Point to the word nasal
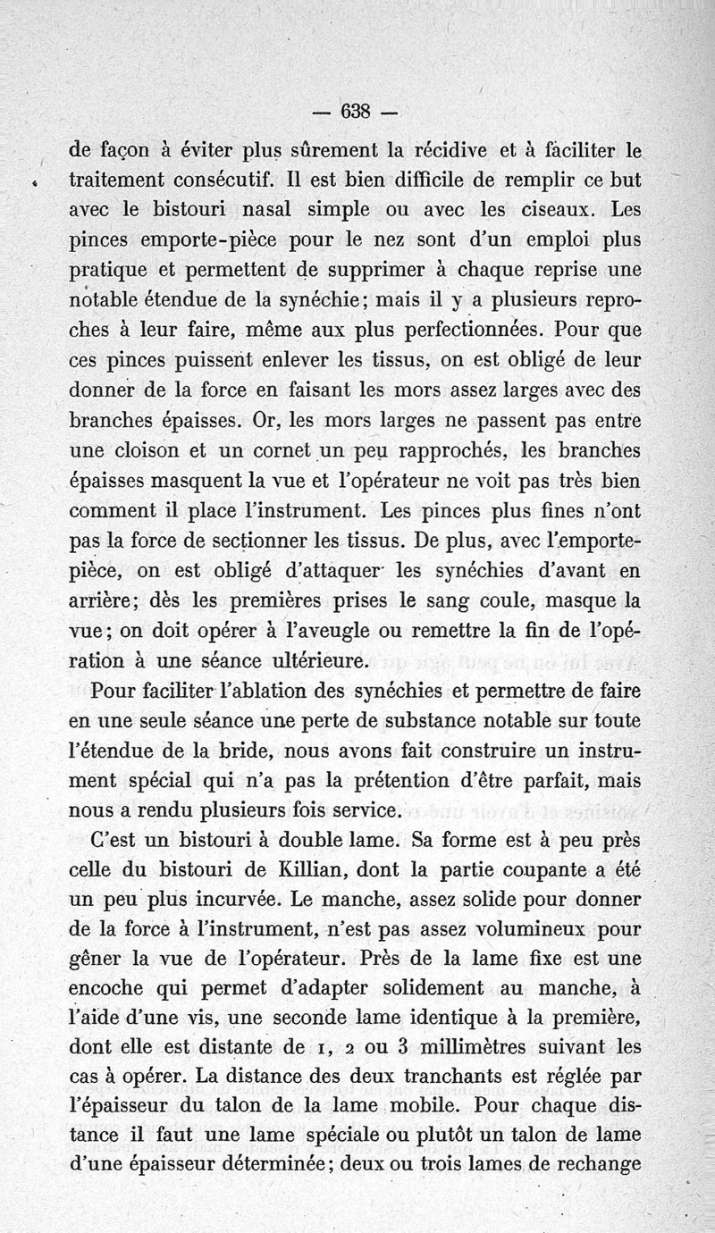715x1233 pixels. point(293,211)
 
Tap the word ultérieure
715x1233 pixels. point(290,661)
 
